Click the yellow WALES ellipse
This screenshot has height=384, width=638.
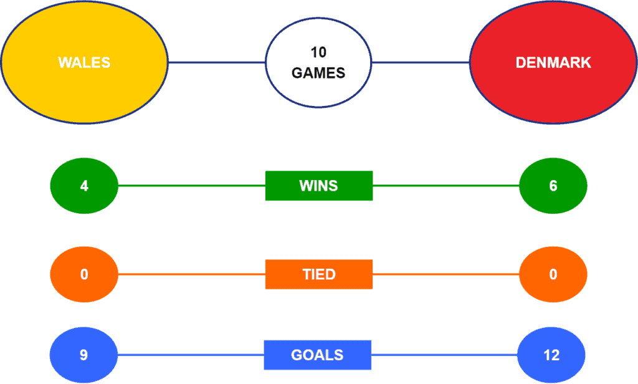84,62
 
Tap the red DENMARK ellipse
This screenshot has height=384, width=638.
553,62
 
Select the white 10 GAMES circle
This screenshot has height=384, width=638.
318,63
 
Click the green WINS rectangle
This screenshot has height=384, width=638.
319,186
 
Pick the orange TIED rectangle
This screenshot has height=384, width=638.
319,274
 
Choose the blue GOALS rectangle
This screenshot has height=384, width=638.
317,355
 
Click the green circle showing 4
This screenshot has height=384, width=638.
84,186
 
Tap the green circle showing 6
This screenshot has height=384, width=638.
553,186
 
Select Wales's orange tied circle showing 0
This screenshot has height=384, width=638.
84,274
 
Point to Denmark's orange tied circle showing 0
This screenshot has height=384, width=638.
553,274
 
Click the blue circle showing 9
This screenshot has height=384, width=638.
83,355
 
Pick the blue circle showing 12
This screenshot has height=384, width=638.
551,355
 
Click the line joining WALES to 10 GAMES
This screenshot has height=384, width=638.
217,63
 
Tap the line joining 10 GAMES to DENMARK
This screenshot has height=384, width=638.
421,63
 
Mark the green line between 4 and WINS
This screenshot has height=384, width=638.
192,186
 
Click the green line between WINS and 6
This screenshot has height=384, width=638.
446,186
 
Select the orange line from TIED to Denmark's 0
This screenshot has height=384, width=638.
446,274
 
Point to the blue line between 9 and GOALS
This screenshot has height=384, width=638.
191,355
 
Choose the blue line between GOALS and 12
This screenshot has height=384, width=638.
444,355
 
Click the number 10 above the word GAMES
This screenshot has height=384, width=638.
318,52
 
